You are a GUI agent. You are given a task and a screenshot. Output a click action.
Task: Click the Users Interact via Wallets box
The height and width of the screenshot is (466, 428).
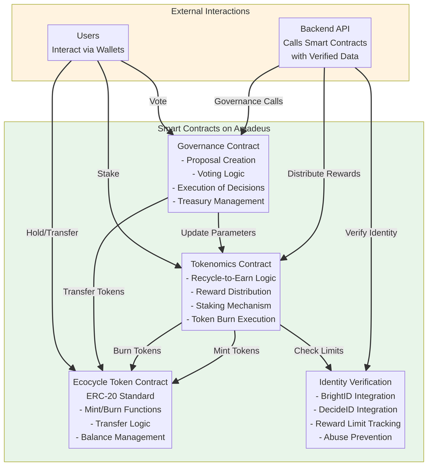(x=88, y=42)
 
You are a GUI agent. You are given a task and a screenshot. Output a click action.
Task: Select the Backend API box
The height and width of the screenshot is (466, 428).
(x=325, y=42)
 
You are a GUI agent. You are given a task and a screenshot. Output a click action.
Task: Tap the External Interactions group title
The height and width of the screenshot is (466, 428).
(x=210, y=11)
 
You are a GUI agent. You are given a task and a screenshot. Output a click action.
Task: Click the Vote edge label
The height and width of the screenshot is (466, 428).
(x=158, y=101)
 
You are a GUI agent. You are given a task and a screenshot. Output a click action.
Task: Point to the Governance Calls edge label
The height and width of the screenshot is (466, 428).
(x=248, y=101)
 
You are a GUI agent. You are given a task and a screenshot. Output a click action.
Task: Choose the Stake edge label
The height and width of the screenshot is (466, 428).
(x=108, y=174)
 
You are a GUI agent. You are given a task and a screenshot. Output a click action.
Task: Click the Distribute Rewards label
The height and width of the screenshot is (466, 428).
(x=324, y=174)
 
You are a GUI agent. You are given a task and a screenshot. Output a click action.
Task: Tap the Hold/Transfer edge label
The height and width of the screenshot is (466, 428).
(x=52, y=232)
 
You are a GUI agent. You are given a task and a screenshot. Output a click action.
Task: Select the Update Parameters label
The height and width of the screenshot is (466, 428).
(x=218, y=232)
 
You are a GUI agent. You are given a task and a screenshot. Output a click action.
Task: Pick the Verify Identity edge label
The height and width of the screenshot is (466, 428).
(x=371, y=232)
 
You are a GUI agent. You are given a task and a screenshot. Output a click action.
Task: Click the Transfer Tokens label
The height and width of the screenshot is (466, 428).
(x=94, y=291)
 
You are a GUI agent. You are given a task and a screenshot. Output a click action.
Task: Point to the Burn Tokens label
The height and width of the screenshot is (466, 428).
(x=137, y=351)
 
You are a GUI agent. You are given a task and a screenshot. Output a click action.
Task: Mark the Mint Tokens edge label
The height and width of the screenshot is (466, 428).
(x=236, y=351)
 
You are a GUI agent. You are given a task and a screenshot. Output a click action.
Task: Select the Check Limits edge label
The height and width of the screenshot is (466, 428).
(x=319, y=351)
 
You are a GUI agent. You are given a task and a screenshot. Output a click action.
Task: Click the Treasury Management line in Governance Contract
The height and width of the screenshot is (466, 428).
(x=218, y=201)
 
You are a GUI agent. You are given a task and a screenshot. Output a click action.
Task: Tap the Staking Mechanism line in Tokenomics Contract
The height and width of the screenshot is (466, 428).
(x=231, y=305)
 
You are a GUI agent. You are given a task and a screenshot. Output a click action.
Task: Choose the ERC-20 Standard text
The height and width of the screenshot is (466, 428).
(x=120, y=396)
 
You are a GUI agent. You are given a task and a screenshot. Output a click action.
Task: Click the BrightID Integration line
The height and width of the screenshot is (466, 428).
(x=355, y=396)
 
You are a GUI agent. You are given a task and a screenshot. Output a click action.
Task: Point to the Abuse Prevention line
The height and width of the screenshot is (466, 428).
(x=355, y=437)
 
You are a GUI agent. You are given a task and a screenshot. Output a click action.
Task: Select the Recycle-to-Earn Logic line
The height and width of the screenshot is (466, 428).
(x=231, y=278)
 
